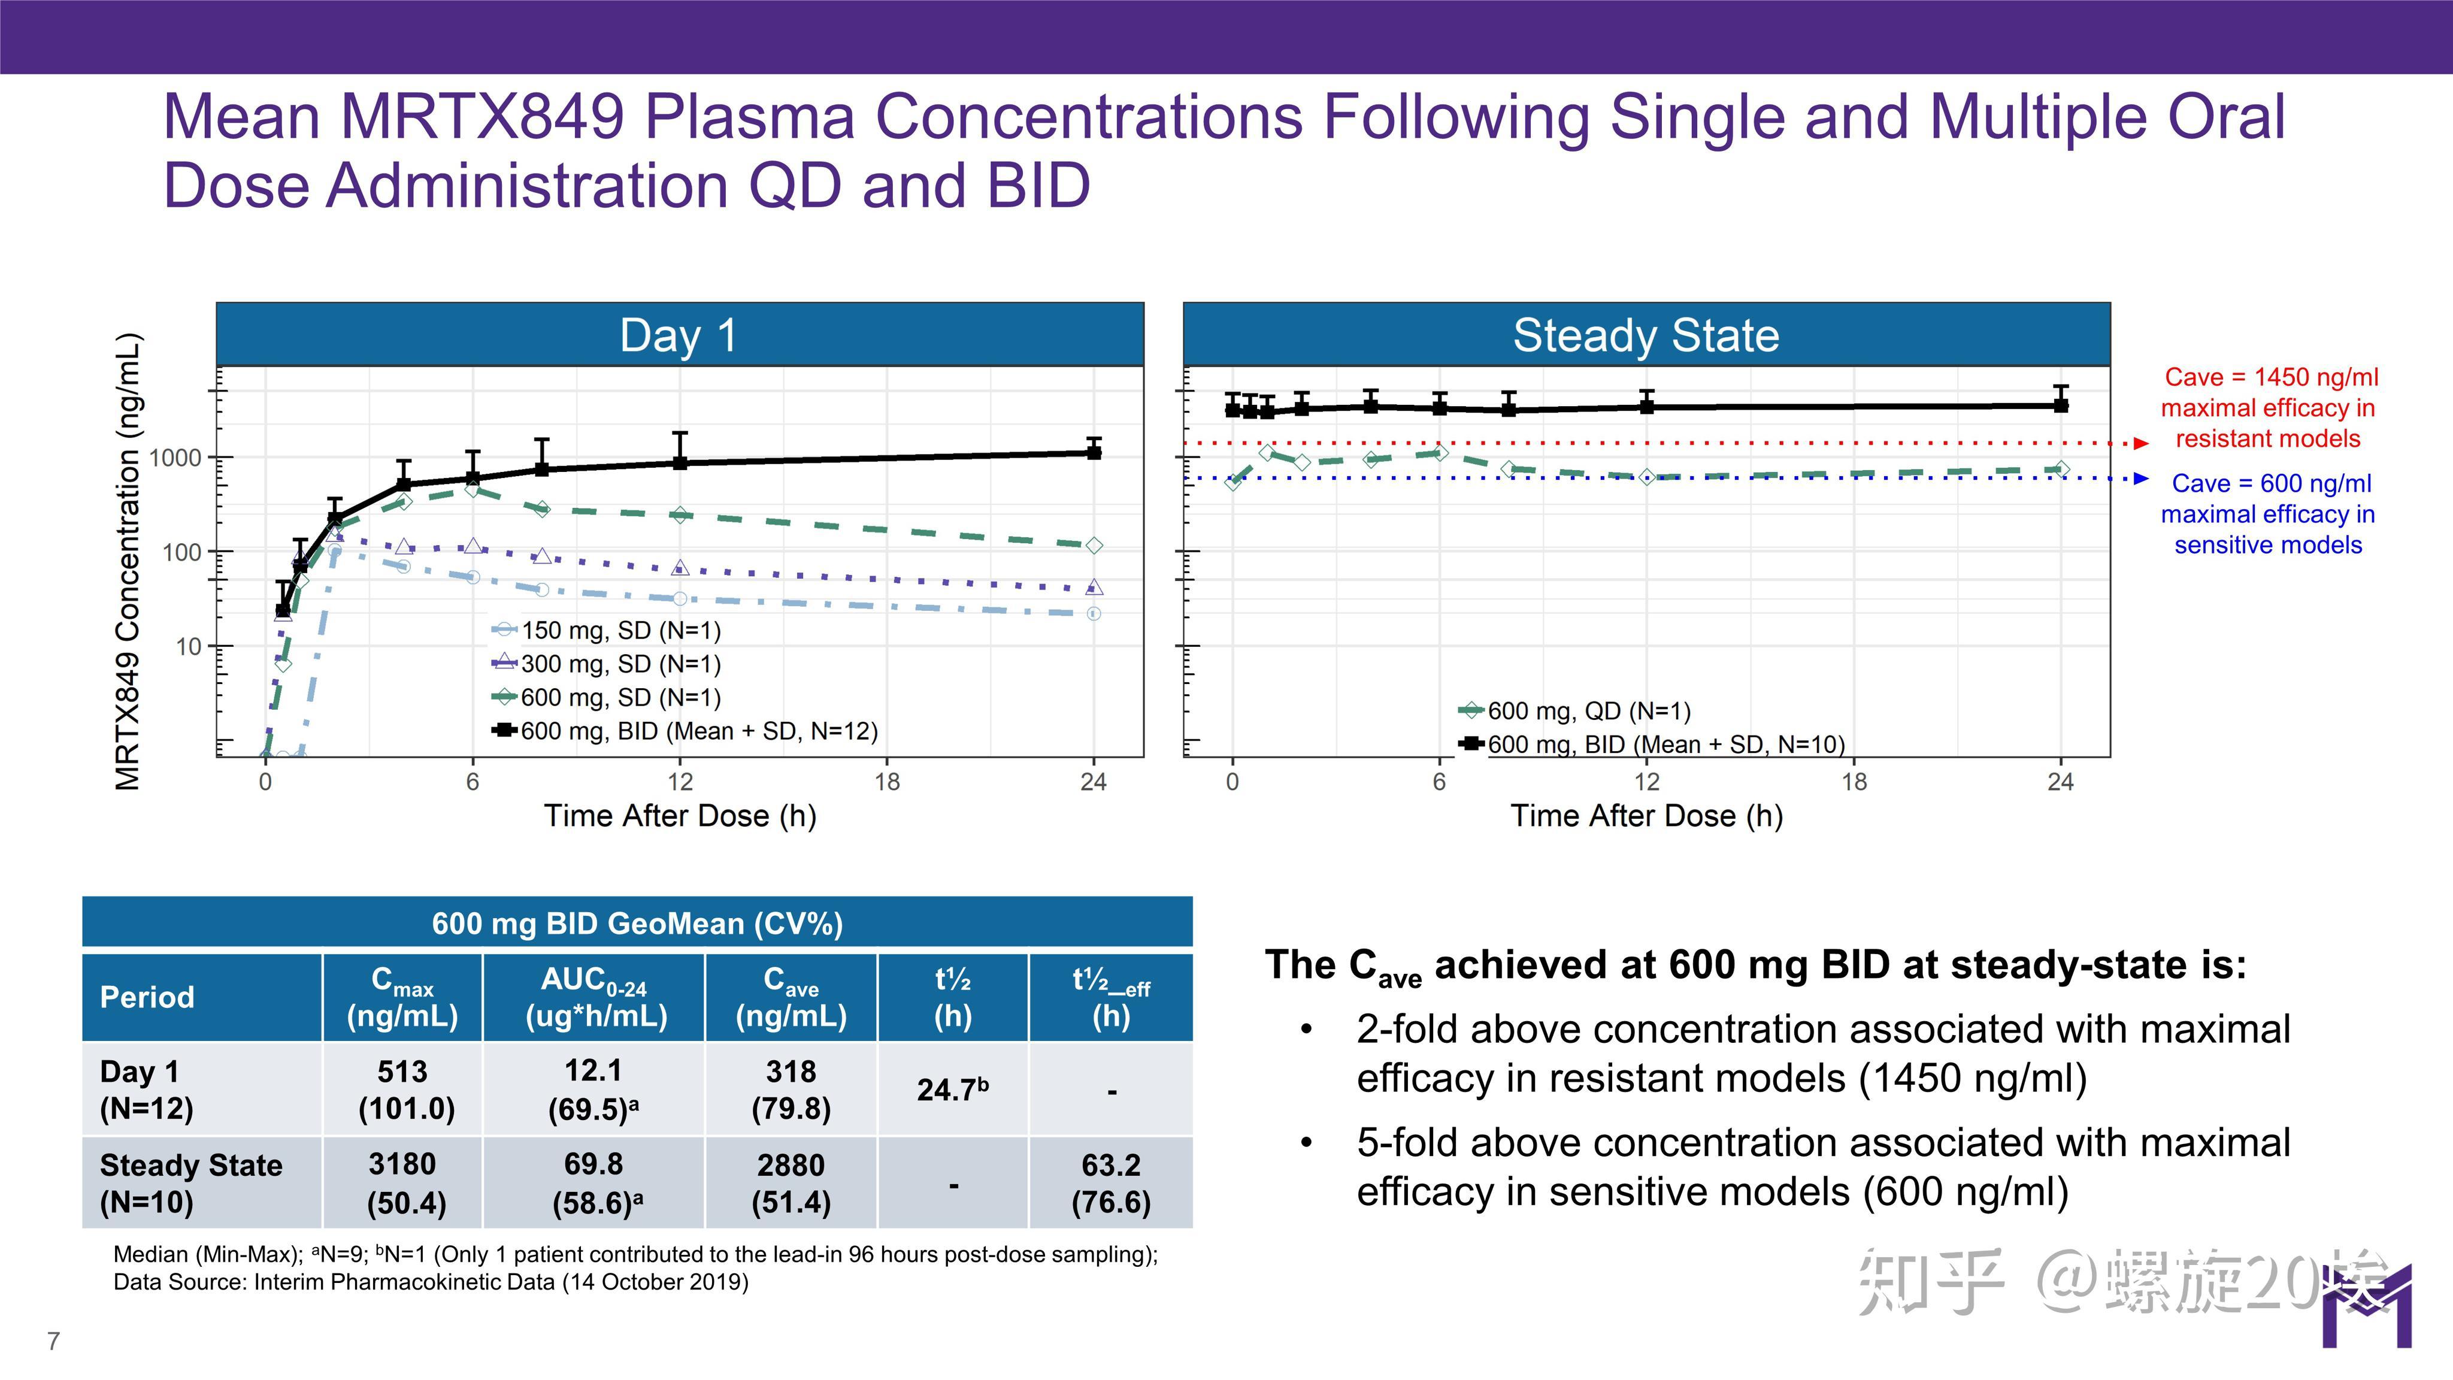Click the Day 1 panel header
click(679, 335)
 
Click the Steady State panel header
click(1646, 335)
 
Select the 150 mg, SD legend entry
click(620, 631)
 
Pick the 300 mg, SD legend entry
click(620, 664)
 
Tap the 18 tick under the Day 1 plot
click(886, 782)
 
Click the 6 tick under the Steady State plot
click(1439, 782)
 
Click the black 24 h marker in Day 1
click(1094, 452)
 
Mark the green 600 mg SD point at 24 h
click(1094, 546)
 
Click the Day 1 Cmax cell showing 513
click(403, 1088)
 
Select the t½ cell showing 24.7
click(952, 1088)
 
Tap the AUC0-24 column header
click(594, 997)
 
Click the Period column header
click(147, 997)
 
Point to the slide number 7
click(53, 1341)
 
